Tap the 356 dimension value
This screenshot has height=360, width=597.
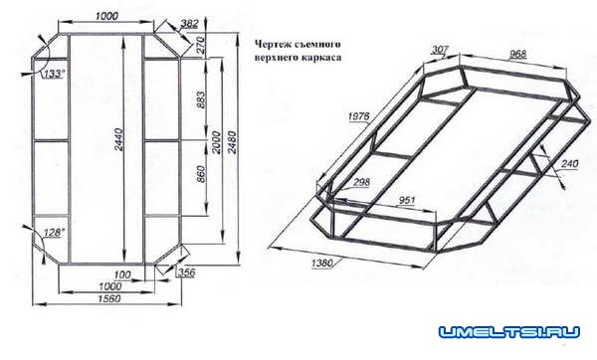(186, 271)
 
